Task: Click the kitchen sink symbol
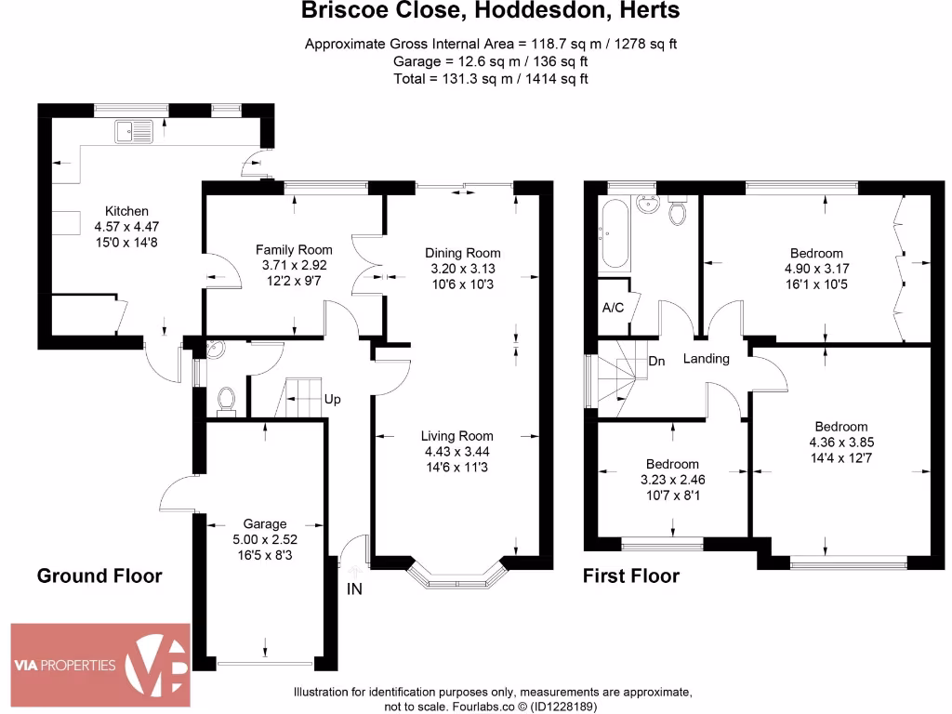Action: (x=134, y=132)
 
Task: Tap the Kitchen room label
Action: (x=126, y=211)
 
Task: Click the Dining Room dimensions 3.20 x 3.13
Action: (x=462, y=269)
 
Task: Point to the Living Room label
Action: (x=456, y=435)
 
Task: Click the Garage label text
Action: (x=265, y=523)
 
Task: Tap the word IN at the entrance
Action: (x=354, y=588)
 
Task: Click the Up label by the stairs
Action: (x=332, y=400)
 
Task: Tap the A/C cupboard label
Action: (x=613, y=308)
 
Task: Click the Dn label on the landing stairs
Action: (x=656, y=361)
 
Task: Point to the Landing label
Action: (x=707, y=359)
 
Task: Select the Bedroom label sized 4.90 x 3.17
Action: (x=816, y=253)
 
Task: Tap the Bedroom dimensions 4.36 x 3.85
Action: (x=842, y=443)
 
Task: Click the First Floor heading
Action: (x=630, y=575)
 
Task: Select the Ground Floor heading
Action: (x=99, y=575)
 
